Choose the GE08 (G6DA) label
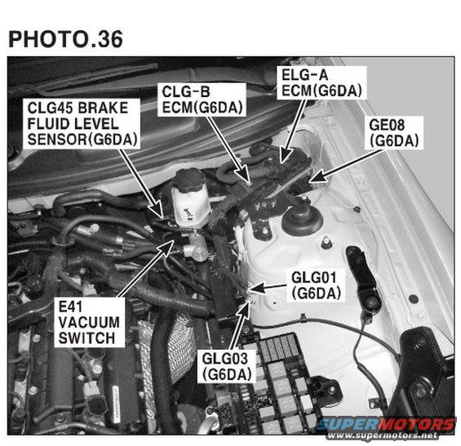(x=393, y=133)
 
